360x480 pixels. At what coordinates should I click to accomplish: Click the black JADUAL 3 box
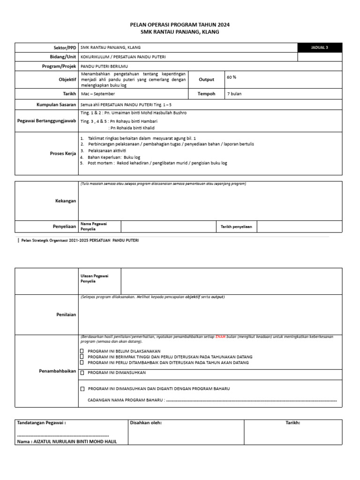(320, 47)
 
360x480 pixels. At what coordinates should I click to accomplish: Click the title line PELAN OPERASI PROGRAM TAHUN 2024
(180, 24)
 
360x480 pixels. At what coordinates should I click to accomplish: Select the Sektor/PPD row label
(65, 47)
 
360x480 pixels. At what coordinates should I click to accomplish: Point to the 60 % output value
(232, 77)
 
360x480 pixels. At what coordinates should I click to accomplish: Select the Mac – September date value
(98, 94)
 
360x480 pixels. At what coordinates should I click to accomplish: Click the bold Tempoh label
(206, 94)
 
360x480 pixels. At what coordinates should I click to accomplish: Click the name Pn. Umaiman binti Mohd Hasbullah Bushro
(134, 113)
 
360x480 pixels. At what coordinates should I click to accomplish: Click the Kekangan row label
(66, 200)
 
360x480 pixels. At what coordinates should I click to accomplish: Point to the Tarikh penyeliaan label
(236, 226)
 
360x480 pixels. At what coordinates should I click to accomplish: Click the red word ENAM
(221, 337)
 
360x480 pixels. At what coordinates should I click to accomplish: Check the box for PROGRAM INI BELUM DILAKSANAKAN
(82, 351)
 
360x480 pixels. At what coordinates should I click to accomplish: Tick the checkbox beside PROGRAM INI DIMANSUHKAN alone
(82, 373)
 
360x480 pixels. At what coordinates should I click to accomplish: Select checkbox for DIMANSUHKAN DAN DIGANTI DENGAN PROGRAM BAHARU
(82, 389)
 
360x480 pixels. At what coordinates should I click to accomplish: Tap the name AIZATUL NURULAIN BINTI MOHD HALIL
(67, 442)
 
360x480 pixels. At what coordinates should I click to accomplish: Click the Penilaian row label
(66, 315)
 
